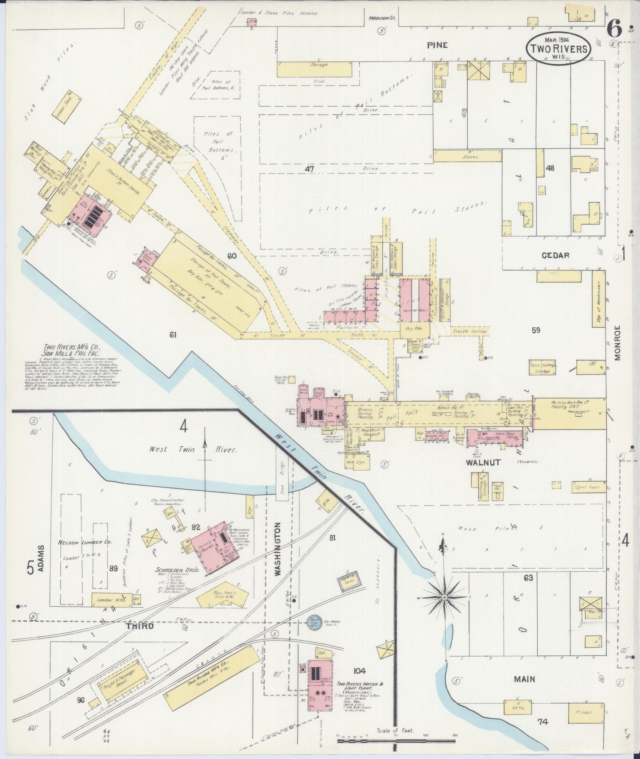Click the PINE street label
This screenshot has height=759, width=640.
click(x=437, y=45)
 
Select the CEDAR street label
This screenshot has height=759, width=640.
click(x=555, y=256)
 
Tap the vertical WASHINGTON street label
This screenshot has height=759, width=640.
click(x=278, y=549)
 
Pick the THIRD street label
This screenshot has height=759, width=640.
click(x=140, y=626)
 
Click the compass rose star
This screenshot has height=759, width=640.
click(x=443, y=597)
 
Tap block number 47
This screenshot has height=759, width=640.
click(x=309, y=169)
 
